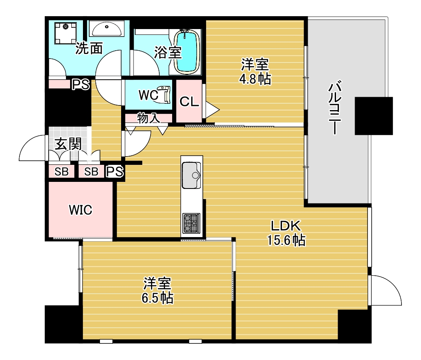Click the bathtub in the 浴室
(186, 51)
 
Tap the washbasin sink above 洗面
(107, 29)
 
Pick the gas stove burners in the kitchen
(191, 223)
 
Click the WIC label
(80, 210)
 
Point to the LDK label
(285, 226)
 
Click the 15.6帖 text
(286, 240)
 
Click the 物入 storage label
(148, 118)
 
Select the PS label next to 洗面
(80, 85)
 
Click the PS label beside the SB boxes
(115, 171)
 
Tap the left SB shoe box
(62, 171)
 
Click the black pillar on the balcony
(373, 116)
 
